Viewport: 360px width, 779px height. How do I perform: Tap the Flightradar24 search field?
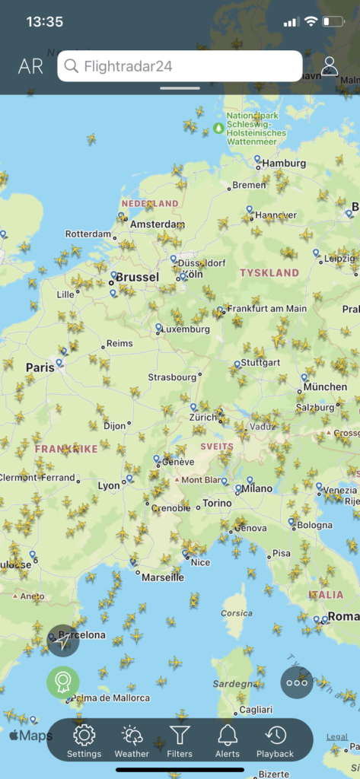[180, 66]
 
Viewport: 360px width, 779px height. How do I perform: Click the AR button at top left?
[30, 66]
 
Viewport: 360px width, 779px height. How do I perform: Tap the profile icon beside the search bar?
[330, 66]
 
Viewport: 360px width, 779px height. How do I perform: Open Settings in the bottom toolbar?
[84, 740]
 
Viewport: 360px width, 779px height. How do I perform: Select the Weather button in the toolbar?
[132, 740]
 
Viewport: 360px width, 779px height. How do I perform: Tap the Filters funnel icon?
[180, 740]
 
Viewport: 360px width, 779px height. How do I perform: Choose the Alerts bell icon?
[228, 740]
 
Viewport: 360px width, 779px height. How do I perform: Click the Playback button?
[275, 740]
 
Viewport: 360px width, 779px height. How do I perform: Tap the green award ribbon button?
[63, 682]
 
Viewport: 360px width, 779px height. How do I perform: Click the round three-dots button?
[296, 682]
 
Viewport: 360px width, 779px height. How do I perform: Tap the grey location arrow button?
[63, 641]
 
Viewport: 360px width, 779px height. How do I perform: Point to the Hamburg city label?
[284, 163]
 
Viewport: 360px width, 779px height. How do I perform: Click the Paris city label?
[40, 367]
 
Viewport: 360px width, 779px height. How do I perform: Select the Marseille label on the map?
[163, 577]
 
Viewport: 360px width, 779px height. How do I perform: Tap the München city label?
[325, 387]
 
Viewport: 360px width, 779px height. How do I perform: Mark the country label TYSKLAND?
[269, 272]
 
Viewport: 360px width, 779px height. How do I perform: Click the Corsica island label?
[236, 613]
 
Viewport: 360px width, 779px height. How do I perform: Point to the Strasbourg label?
[172, 377]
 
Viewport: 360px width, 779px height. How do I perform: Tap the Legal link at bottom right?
[337, 736]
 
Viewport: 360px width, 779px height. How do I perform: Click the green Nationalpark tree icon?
[219, 128]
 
